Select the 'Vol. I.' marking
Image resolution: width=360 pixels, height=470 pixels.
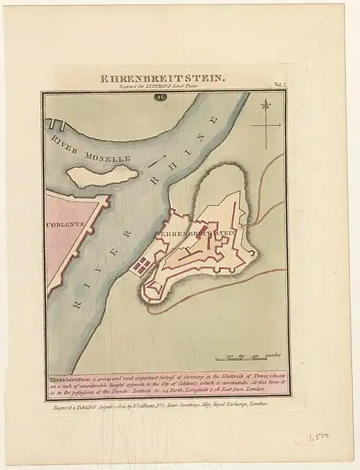pyautogui.click(x=279, y=85)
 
